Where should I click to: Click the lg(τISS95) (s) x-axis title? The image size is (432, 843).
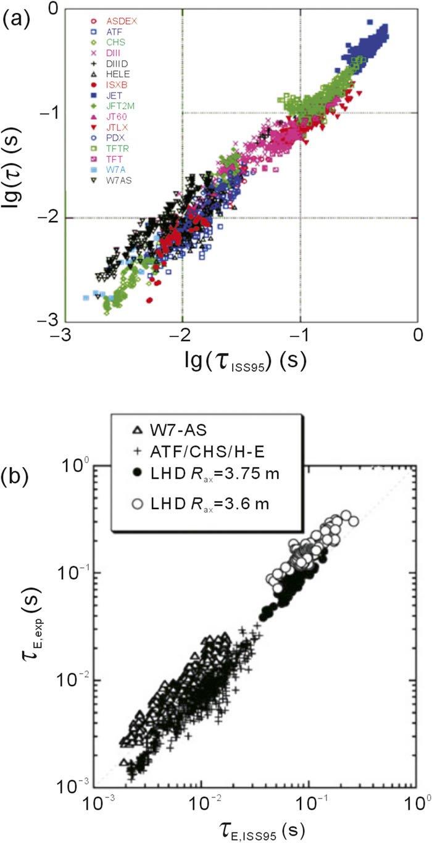[x=240, y=360]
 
